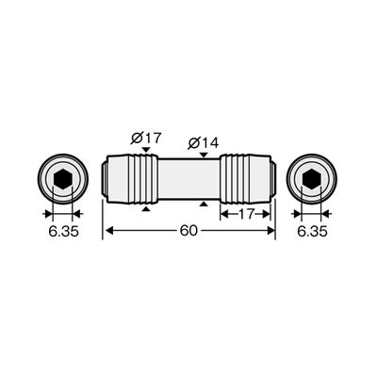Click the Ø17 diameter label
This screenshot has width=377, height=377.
[x=146, y=138]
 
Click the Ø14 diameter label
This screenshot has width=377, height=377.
[x=204, y=143]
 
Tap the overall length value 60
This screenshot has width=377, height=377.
[x=188, y=231]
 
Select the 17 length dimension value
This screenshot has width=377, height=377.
[x=246, y=214]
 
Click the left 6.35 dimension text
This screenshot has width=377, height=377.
[x=63, y=232]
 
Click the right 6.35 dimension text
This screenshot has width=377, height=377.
[x=312, y=232]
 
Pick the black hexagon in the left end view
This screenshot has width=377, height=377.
[x=63, y=179]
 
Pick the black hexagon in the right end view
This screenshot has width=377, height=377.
[x=311, y=179]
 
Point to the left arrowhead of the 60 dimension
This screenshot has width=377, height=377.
[x=109, y=231]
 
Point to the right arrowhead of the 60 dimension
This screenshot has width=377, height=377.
[x=270, y=231]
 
